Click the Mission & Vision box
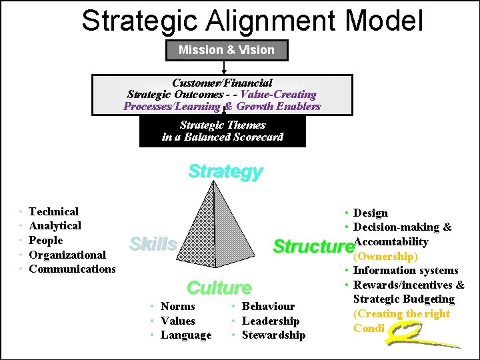pos(226,50)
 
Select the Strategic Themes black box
pos(223,131)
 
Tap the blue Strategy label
pos(225,171)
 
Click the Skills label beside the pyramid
pos(153,244)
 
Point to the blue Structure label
pos(312,247)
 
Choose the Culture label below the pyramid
pos(219,288)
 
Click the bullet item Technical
pos(53,211)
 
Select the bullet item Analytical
pos(55,226)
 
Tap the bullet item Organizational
pos(67,255)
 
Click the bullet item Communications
pos(72,269)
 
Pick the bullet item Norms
pos(178,306)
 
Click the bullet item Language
pos(186,335)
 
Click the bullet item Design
pos(370,213)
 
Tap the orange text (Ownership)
pos(385,256)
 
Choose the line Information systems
pos(405,270)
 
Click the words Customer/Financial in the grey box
pos(222,83)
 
